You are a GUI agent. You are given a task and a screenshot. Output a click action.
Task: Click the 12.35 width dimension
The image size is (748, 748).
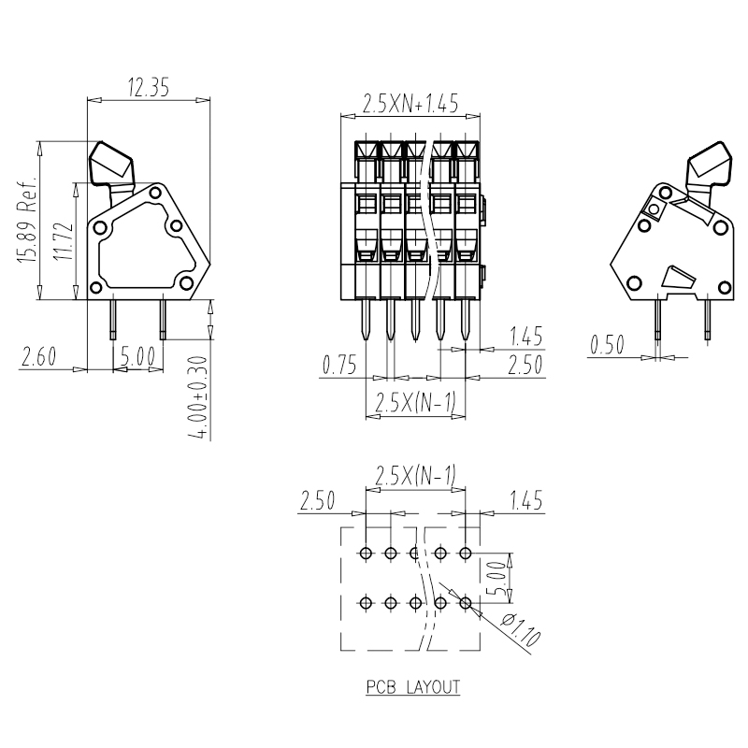149,87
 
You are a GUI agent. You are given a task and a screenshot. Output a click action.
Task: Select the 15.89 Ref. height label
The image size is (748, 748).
27,220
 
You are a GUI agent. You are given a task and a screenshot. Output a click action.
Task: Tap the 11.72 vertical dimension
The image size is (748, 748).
64,241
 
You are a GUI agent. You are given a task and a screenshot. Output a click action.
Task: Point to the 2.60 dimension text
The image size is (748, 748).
38,356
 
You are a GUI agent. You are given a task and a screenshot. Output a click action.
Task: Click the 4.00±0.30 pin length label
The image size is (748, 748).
200,397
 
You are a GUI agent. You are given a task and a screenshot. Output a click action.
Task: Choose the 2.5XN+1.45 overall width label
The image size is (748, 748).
410,104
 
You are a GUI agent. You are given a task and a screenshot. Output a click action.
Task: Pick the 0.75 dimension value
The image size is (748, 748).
339,365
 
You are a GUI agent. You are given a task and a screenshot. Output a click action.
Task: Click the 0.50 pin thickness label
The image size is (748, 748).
607,344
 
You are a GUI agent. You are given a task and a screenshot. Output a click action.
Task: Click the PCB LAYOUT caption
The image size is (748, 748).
413,687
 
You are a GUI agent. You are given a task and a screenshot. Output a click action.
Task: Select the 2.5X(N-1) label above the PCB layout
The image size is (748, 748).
415,475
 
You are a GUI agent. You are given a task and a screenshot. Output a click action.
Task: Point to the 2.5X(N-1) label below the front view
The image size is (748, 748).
415,402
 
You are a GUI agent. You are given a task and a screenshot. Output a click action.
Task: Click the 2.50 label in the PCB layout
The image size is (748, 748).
317,500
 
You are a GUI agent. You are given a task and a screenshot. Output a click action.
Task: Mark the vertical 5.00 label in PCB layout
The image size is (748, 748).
496,578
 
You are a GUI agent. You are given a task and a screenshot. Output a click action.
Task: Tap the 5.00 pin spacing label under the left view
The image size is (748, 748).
137,356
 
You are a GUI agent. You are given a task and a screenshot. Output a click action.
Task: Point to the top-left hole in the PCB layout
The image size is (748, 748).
366,554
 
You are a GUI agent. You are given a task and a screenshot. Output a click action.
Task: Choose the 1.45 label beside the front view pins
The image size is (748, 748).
526,337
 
